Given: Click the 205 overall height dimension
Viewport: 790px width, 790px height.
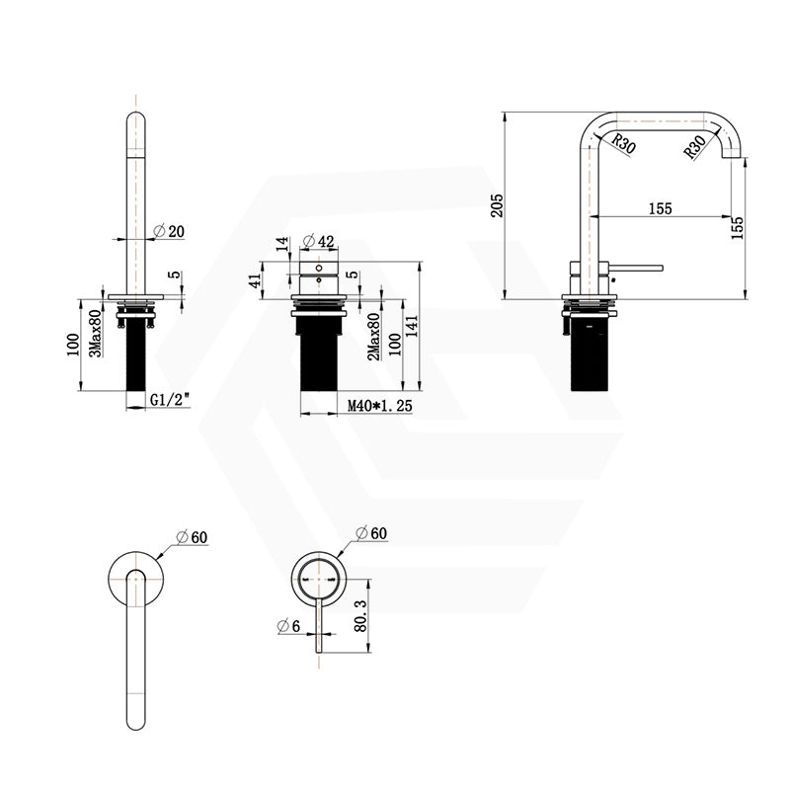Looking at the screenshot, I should pyautogui.click(x=498, y=203).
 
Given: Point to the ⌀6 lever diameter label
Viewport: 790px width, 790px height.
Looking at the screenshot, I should pyautogui.click(x=287, y=624).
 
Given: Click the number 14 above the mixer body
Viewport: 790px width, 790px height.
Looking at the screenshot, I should pyautogui.click(x=280, y=244).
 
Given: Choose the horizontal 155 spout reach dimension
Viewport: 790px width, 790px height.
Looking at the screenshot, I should pyautogui.click(x=660, y=207).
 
